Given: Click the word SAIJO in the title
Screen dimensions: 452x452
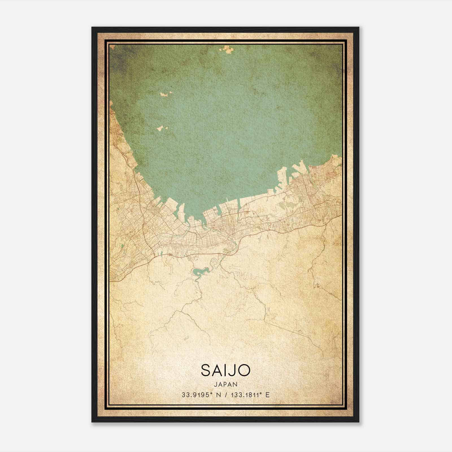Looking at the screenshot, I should point(225,370).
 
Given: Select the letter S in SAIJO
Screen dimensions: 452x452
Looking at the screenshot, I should point(206,370).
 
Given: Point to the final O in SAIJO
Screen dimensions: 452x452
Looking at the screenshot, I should point(245,370).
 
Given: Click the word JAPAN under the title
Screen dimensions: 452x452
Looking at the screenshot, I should point(225,384).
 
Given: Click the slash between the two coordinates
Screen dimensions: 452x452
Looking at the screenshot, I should point(225,395).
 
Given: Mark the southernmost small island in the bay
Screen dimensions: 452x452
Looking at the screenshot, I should point(162,128).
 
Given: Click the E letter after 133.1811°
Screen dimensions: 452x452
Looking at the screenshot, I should point(268,395).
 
